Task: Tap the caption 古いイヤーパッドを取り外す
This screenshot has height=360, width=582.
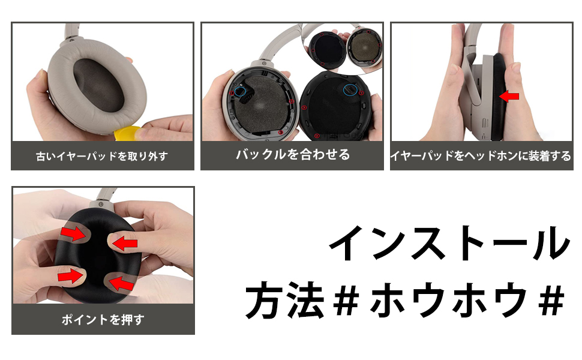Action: pos(102,156)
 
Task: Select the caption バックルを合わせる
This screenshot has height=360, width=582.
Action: pos(292,155)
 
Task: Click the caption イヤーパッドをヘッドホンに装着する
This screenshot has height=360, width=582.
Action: pos(481,156)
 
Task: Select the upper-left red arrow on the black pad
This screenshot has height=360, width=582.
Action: pos(72,233)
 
